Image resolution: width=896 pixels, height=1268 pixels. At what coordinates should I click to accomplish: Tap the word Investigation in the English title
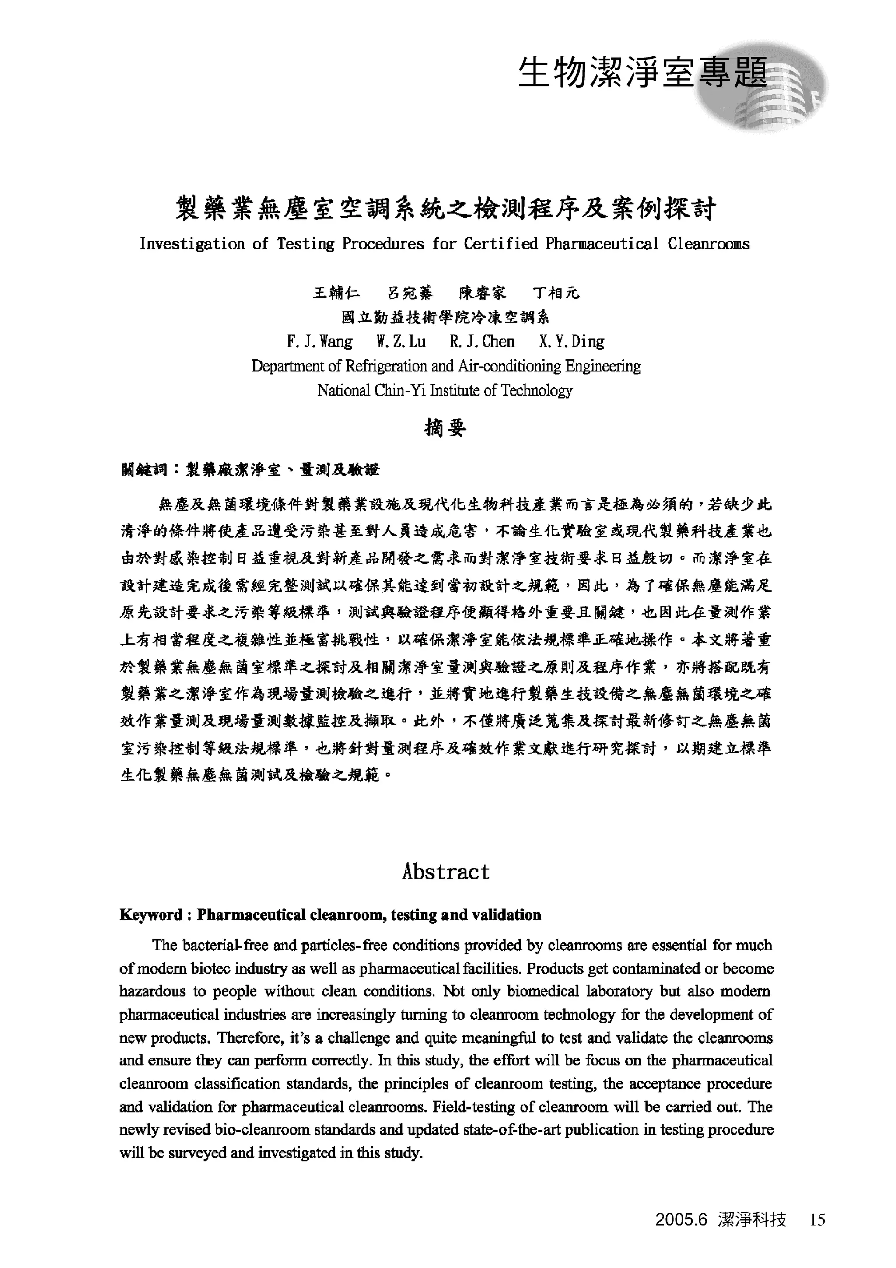(x=192, y=244)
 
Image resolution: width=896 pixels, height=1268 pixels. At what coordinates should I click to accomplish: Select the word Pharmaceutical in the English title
(x=602, y=244)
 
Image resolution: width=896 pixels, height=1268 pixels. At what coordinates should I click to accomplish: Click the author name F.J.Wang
(x=320, y=341)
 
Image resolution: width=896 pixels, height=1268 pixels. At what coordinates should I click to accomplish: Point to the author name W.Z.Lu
(x=401, y=341)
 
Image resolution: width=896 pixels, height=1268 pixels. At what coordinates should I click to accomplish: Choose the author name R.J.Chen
(x=482, y=341)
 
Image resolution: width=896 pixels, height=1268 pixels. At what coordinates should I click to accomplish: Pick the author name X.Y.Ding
(x=571, y=341)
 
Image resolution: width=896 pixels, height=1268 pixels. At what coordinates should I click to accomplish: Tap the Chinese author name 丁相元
(x=556, y=293)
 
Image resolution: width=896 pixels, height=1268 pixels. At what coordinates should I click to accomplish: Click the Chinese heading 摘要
(x=445, y=428)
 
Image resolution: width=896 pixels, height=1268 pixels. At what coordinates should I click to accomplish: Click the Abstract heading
(x=445, y=872)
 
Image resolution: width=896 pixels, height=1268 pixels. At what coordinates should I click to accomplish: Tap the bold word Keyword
(x=150, y=915)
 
